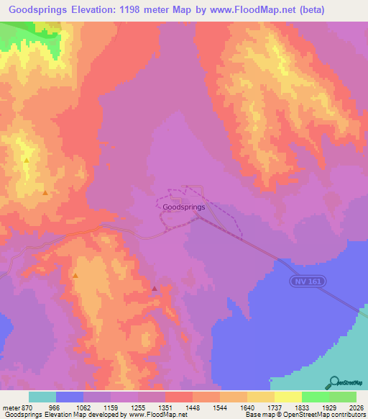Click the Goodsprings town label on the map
[x=184, y=207]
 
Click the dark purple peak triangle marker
[x=155, y=289]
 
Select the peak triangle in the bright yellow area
[x=26, y=160]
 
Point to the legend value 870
[x=26, y=407]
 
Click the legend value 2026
[x=356, y=407]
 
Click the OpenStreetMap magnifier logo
[x=333, y=382]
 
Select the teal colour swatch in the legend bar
[x=42, y=397]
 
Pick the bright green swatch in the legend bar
[x=315, y=397]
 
